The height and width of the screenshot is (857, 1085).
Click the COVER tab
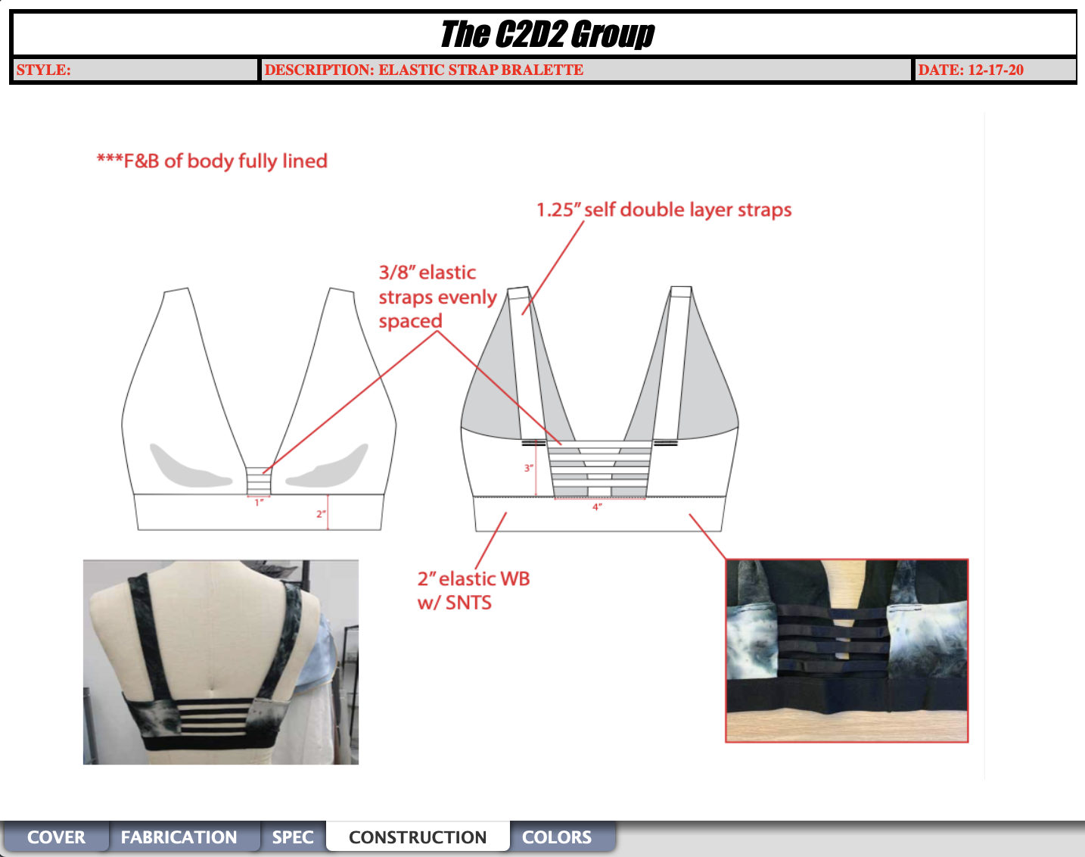coord(56,837)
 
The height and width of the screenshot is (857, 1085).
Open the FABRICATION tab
coord(179,837)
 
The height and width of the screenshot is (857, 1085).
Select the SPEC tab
coord(293,837)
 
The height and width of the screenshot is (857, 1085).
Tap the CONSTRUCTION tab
coord(418,837)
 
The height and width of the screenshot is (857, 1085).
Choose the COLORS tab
coord(557,837)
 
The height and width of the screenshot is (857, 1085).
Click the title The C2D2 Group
coord(548,34)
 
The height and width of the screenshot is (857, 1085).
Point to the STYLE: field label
coord(44,70)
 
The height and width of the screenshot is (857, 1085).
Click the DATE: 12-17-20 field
coord(971,70)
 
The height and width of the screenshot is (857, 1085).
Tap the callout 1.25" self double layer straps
coord(664,210)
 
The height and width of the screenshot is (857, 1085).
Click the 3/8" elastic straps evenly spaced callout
coord(437,297)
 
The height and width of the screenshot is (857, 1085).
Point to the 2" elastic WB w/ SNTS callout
coord(474,591)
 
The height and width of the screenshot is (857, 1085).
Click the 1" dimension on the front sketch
coord(260,503)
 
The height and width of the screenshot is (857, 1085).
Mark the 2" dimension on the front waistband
coord(321,514)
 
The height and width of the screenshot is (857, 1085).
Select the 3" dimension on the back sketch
coord(528,468)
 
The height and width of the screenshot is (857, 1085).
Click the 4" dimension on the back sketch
coord(597,507)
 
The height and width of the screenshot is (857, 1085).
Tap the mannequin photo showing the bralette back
coord(221,662)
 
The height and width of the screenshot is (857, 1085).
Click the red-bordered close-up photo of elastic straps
coord(847,650)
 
